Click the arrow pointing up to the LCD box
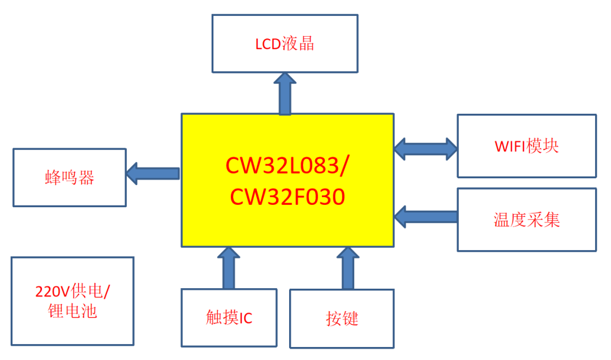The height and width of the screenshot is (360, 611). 285,93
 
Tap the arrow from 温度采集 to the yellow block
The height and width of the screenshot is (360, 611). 425,216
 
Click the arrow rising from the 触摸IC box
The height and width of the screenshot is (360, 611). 229,268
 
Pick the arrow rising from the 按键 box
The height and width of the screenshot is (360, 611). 347,268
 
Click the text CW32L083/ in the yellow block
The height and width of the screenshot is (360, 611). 288,165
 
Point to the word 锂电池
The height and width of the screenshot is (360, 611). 72,311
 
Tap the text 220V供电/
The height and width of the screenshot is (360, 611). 72,292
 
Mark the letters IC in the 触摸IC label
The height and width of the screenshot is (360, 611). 246,319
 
